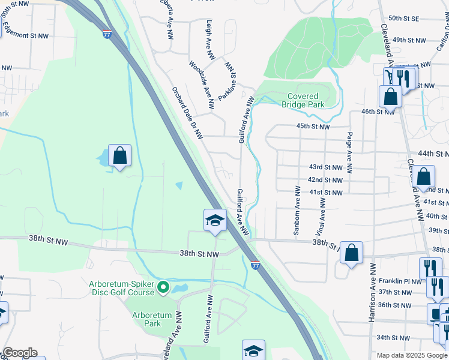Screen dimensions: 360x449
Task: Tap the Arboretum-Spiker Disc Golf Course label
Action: [x=122, y=288]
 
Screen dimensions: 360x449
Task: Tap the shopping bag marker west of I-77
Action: [x=120, y=157]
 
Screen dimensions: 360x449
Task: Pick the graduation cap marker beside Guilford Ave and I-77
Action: [x=214, y=221]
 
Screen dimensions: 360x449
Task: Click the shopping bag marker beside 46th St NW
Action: [x=390, y=97]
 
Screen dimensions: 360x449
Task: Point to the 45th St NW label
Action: [x=313, y=127]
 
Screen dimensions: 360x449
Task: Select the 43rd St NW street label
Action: [x=325, y=166]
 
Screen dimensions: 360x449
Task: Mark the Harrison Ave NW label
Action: [x=372, y=291]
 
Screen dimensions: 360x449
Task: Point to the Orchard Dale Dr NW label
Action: [x=187, y=113]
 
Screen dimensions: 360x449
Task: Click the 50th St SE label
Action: [x=403, y=19]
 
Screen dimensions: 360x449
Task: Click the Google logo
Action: [x=20, y=353]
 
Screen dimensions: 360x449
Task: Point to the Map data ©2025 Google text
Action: [x=412, y=355]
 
